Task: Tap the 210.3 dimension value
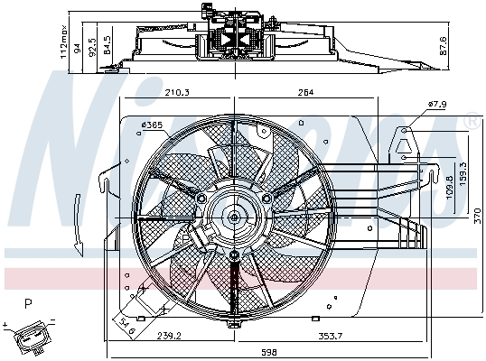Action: tap(177, 92)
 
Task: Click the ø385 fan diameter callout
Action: tap(152, 125)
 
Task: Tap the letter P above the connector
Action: tap(28, 303)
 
